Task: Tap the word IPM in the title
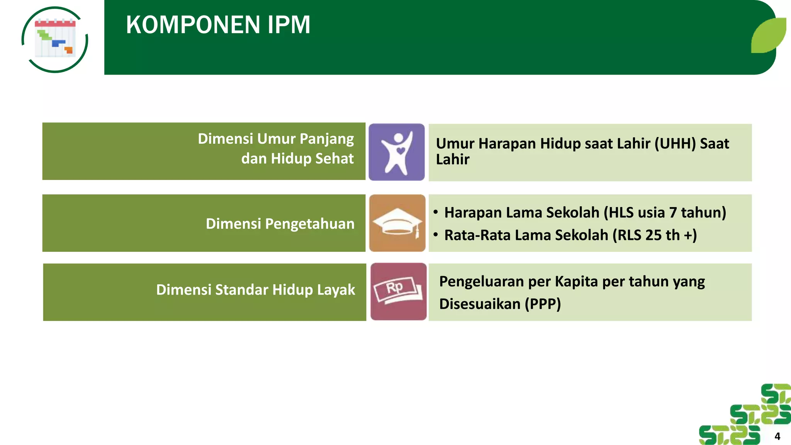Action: tap(289, 25)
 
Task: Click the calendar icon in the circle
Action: tap(55, 39)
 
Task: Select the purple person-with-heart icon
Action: tap(397, 152)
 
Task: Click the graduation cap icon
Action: tap(397, 223)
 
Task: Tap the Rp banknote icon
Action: tap(398, 292)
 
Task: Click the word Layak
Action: tap(336, 290)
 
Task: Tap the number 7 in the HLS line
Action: tap(673, 213)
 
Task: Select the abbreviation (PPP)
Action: tap(543, 304)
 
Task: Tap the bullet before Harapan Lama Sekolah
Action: tap(436, 212)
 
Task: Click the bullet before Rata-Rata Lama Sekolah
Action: tap(436, 235)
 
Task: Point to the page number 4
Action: tap(777, 437)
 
